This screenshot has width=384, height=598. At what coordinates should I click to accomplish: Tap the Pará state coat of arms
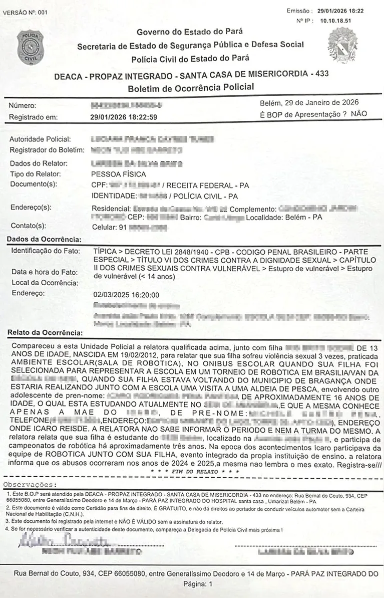point(342,45)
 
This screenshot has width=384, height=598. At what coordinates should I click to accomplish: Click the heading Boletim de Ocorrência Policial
point(190,87)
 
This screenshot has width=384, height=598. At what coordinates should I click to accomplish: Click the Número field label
point(23,106)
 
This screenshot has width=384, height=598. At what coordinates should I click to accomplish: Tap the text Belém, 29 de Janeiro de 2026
point(309,103)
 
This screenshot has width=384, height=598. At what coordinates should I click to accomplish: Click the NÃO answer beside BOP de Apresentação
point(359,114)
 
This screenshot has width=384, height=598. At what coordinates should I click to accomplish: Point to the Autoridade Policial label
point(40,139)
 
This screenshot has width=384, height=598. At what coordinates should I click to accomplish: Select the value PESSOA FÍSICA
point(119,174)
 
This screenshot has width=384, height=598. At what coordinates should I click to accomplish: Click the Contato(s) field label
point(28,226)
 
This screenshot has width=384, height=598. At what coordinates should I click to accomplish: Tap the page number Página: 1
point(198,584)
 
